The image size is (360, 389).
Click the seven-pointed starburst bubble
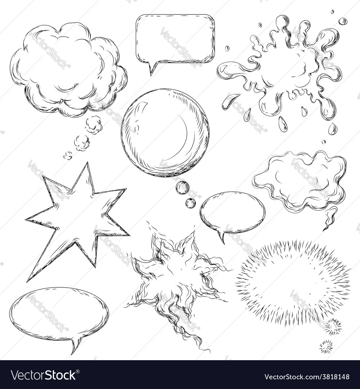pos(77,220)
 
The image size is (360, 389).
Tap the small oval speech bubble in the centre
pos(233,213)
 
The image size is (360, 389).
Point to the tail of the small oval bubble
pos(221,238)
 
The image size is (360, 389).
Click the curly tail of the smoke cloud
pos(329,218)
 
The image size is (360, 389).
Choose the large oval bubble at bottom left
pos(59,313)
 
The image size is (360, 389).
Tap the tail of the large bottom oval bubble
pos(76,346)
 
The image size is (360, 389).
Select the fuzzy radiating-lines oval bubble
pos(293,281)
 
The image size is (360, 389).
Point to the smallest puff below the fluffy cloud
pos(68,155)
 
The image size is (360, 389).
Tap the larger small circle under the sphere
pos(183,188)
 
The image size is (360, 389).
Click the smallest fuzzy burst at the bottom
pos(326,346)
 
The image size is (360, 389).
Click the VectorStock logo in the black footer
pos(44,376)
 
